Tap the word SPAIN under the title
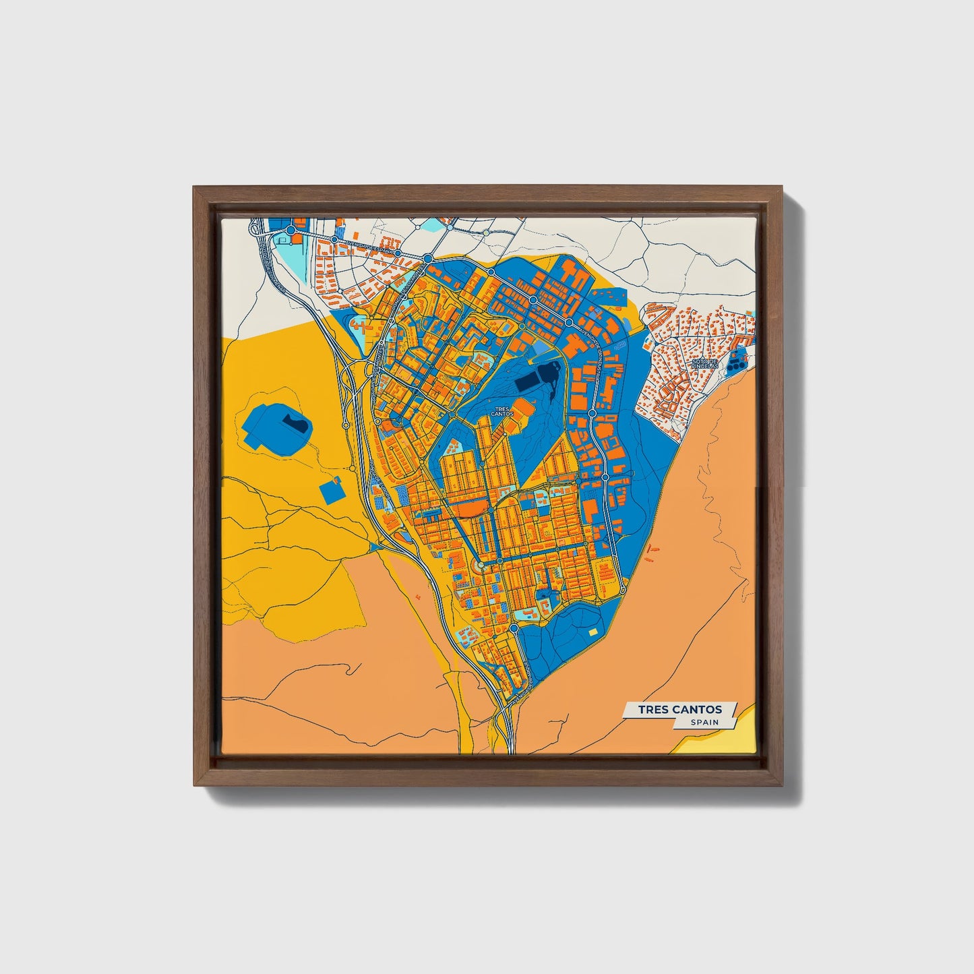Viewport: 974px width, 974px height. tap(704, 722)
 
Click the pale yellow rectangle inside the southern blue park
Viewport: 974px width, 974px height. tap(592, 632)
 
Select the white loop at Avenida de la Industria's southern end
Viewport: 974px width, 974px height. tap(623, 590)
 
